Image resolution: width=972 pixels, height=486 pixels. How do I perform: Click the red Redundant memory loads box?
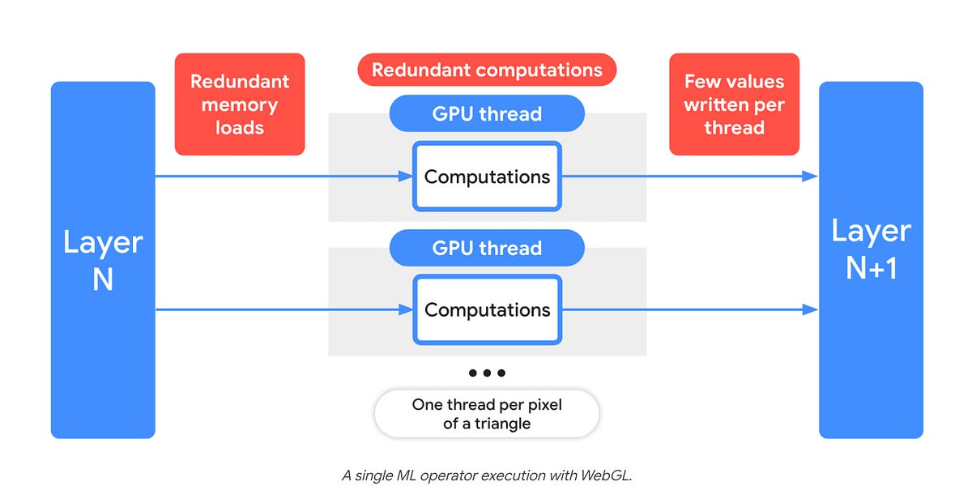click(x=240, y=104)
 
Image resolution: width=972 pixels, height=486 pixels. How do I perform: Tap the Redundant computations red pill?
click(x=487, y=70)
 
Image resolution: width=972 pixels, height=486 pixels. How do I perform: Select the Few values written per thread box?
click(x=734, y=104)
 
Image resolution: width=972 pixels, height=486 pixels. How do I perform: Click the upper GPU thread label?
click(x=487, y=113)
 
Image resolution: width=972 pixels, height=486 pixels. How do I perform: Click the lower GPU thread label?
click(x=487, y=248)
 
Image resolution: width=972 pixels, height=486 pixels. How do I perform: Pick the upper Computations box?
click(x=487, y=177)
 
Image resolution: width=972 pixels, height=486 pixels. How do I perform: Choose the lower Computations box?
click(x=487, y=309)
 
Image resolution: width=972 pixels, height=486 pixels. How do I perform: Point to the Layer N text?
click(x=103, y=259)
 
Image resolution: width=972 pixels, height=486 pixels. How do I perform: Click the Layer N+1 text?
click(x=871, y=249)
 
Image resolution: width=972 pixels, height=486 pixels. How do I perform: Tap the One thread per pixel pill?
click(x=487, y=414)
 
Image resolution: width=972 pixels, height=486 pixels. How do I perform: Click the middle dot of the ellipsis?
click(x=487, y=373)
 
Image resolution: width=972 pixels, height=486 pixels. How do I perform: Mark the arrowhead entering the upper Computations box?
click(x=407, y=177)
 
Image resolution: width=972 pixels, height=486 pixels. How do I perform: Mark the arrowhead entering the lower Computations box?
click(x=407, y=309)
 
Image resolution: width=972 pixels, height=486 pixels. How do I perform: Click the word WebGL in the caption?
click(x=604, y=475)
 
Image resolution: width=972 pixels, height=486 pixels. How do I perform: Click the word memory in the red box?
click(x=240, y=104)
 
